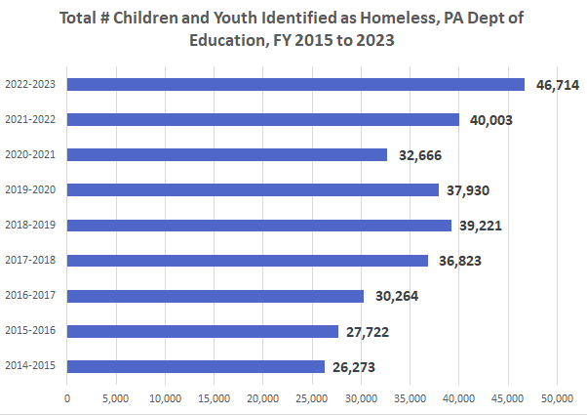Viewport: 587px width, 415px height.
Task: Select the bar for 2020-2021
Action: [227, 154]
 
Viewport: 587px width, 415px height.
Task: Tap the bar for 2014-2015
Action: [196, 366]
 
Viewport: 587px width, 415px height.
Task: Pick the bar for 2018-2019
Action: [259, 225]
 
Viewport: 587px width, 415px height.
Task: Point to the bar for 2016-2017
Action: [215, 296]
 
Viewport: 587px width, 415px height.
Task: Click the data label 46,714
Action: [558, 85]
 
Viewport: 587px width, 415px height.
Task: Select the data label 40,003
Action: [491, 120]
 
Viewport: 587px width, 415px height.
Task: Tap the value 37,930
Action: [471, 190]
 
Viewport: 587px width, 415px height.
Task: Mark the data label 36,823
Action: [460, 261]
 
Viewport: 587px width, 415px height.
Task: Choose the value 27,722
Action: [371, 332]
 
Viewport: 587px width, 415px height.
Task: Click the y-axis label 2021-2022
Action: [29, 120]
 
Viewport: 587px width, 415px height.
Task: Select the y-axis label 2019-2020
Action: [29, 190]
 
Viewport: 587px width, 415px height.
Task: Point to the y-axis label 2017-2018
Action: [29, 261]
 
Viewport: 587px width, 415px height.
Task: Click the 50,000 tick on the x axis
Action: [557, 398]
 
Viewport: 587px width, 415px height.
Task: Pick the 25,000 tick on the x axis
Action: [312, 398]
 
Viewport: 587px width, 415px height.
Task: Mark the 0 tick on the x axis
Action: [67, 398]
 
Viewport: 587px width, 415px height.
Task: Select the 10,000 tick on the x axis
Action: [165, 398]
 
